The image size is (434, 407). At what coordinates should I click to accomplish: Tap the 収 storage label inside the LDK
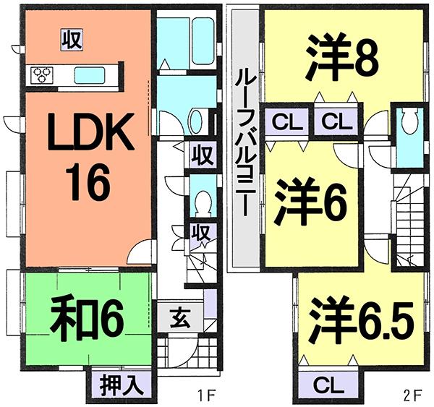70,38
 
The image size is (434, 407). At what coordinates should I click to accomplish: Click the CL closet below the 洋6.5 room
328,383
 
